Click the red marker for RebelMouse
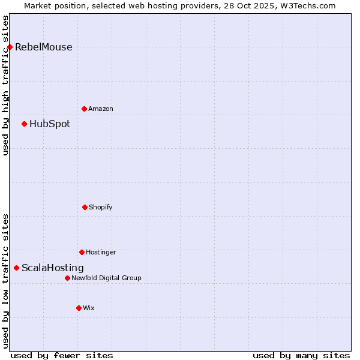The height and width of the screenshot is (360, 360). pos(10,47)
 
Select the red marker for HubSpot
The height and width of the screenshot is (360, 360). pos(24,124)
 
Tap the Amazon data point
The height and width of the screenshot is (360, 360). pos(84,109)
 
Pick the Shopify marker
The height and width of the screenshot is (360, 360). pos(85,207)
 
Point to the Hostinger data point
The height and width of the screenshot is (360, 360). pos(82,252)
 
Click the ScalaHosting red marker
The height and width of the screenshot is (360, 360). pos(16,268)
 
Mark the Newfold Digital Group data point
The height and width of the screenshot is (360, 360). pos(67,278)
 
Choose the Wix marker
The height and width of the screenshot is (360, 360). pos(79,308)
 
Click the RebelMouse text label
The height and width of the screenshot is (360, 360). pos(43,47)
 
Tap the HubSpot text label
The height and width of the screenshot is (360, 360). pos(50,124)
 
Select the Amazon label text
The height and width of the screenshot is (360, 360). pos(101,109)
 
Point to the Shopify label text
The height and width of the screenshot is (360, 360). pos(101,208)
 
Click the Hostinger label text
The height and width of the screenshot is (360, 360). pos(101,253)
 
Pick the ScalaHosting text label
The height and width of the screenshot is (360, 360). pos(53,268)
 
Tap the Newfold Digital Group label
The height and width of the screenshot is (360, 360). pos(106,278)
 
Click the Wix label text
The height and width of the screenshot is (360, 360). pos(89,308)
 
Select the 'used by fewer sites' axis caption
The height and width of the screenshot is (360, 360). pos(62,355)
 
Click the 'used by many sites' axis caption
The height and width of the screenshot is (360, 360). pos(301,355)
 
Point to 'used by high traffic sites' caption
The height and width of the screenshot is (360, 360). pos(5,85)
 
